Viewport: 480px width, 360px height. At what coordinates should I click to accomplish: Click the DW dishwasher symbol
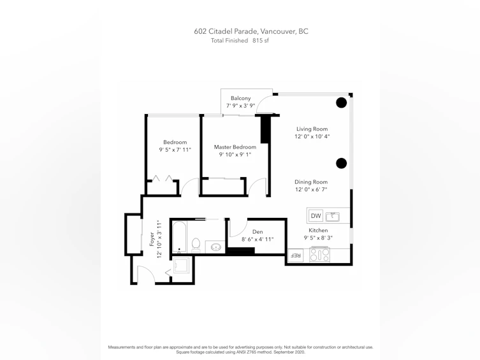316,215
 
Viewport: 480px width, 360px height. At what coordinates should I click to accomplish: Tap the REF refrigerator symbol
296,256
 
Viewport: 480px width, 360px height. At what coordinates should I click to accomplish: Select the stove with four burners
320,254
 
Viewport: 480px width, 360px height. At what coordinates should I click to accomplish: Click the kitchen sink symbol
333,217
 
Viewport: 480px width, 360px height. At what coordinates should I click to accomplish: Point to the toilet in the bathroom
196,245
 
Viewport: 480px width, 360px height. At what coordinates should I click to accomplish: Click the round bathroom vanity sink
217,247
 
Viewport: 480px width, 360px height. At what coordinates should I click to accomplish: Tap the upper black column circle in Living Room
341,103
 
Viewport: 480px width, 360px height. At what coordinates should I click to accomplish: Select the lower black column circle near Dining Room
341,163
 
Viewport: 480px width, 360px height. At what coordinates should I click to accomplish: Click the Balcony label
240,98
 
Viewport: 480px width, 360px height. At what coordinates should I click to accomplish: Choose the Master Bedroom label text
235,147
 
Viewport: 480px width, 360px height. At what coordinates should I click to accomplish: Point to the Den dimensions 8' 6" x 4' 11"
258,239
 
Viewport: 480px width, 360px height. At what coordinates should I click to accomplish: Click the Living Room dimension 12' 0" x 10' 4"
312,136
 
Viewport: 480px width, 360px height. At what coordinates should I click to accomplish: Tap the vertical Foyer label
152,239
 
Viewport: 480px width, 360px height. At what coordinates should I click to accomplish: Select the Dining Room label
311,182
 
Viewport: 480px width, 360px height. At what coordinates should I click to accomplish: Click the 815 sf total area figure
261,40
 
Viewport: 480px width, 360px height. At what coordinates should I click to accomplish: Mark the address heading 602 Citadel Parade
226,31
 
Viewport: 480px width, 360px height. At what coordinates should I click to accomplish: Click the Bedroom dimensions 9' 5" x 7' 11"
175,150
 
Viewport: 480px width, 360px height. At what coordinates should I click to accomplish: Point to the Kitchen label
318,230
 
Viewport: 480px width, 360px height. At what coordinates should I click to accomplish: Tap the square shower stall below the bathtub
182,265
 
